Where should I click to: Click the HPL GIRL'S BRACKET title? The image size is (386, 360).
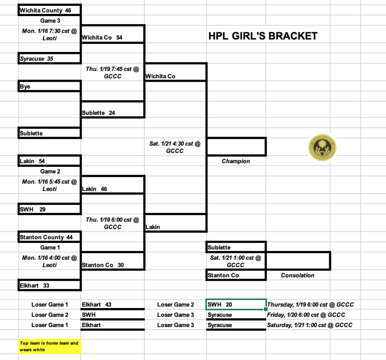[263, 36]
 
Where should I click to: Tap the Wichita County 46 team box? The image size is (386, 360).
[50, 10]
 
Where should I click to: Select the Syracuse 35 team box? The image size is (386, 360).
[50, 58]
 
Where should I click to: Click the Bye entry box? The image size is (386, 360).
[50, 86]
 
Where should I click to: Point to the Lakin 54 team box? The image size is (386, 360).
[50, 161]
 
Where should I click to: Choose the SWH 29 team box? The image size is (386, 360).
[50, 209]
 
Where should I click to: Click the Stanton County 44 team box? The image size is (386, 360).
[50, 237]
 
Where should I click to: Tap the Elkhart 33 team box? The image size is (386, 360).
[50, 285]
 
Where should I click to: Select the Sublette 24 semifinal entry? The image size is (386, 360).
[112, 112]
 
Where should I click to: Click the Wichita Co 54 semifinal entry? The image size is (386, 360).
[112, 37]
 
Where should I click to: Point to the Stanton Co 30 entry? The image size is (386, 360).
[112, 265]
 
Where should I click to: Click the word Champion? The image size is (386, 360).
[236, 161]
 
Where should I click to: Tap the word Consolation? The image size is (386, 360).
[297, 275]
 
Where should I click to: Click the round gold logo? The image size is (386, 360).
[322, 147]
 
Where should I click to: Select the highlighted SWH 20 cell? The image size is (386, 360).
[236, 305]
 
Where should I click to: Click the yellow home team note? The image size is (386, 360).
[50, 346]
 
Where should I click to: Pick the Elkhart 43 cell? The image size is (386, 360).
[112, 305]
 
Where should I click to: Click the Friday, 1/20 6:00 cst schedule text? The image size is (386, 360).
[306, 315]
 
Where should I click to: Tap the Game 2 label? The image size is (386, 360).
[50, 171]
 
